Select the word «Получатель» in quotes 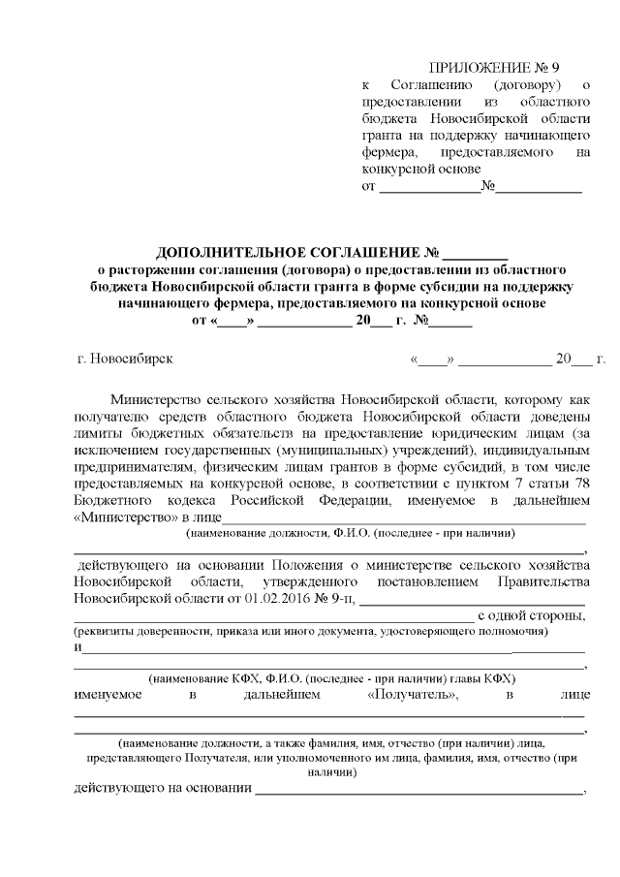coord(414,695)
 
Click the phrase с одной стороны coord(532,614)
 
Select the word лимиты coord(96,430)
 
